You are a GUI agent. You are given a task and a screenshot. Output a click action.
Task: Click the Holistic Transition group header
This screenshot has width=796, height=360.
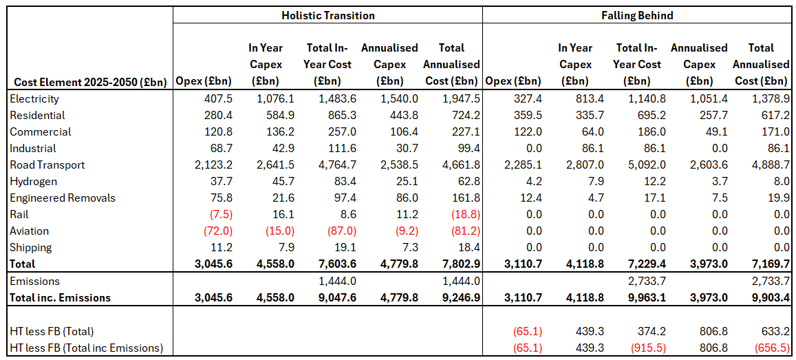click(x=328, y=15)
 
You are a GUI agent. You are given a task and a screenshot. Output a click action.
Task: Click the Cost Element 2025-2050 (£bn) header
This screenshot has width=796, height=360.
click(x=87, y=81)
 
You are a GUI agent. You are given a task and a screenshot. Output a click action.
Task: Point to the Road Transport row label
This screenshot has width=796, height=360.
click(x=47, y=165)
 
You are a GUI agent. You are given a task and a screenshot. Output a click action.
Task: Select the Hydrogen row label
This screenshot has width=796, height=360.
click(x=34, y=181)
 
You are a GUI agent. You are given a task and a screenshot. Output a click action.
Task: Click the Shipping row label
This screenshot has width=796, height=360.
click(x=31, y=247)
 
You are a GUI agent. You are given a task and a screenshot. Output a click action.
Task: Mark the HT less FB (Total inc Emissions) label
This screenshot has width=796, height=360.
click(x=87, y=348)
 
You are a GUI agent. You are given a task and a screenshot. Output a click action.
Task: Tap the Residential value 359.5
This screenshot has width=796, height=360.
click(x=527, y=116)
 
